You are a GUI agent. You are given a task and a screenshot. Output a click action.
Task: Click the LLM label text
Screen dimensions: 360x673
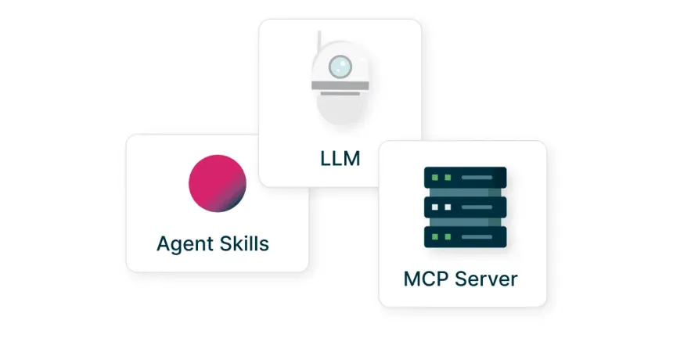pyautogui.click(x=340, y=159)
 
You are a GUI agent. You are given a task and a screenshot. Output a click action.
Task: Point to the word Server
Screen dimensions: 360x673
pyautogui.click(x=487, y=279)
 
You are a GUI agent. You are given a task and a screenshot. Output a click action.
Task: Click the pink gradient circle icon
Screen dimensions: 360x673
pyautogui.click(x=217, y=183)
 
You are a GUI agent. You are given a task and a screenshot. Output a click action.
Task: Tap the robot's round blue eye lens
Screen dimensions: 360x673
pyautogui.click(x=340, y=67)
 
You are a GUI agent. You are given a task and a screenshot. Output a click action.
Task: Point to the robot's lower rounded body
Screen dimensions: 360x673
pyautogui.click(x=340, y=108)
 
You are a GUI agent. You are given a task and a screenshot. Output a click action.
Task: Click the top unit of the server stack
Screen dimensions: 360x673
pyautogui.click(x=465, y=178)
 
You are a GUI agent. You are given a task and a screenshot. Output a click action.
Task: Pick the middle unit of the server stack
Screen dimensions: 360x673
pyautogui.click(x=465, y=207)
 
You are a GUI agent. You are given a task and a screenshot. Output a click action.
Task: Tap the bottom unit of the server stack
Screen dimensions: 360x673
pyautogui.click(x=465, y=236)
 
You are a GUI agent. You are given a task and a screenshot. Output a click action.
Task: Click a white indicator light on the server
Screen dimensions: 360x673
pyautogui.click(x=437, y=207)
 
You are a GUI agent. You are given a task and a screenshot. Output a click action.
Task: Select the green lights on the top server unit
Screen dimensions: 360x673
pyautogui.click(x=441, y=178)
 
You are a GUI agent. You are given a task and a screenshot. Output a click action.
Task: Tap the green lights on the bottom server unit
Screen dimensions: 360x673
pyautogui.click(x=441, y=236)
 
